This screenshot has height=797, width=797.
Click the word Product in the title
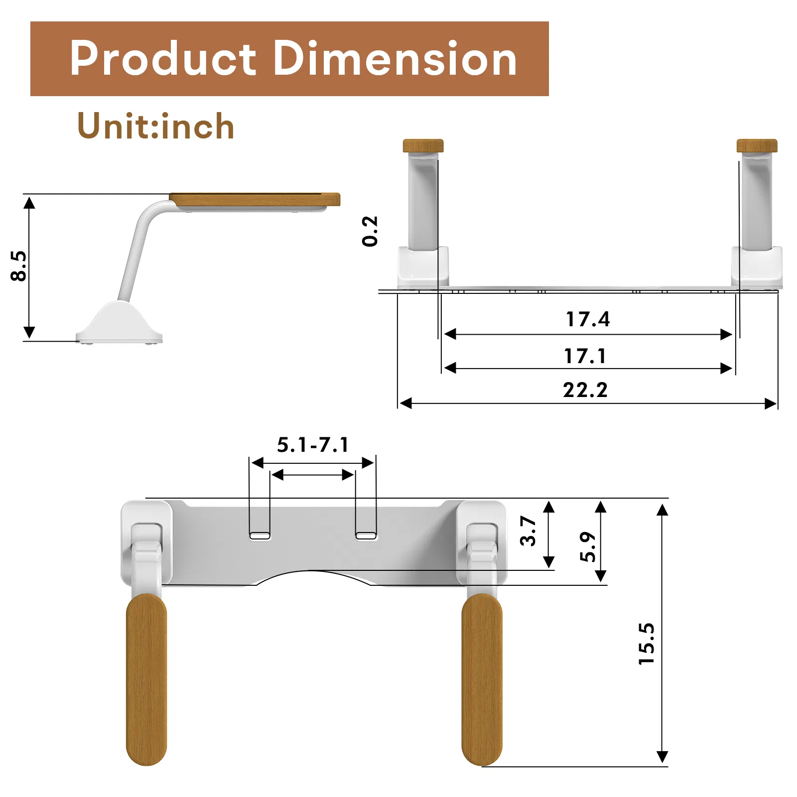(x=163, y=59)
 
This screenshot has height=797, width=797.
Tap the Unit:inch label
(x=156, y=126)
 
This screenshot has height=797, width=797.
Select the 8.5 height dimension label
(x=18, y=266)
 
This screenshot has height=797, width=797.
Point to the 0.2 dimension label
(x=370, y=231)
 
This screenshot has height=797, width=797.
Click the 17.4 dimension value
(x=588, y=319)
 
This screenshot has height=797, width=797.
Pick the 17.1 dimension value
(x=585, y=356)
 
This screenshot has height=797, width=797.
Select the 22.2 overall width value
(x=585, y=390)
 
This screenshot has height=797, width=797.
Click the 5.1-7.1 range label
(x=313, y=445)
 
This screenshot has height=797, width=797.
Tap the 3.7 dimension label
(x=528, y=531)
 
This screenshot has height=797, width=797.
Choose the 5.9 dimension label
(x=588, y=546)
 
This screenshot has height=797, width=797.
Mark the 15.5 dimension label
(x=647, y=643)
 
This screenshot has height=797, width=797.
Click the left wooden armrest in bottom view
(x=146, y=680)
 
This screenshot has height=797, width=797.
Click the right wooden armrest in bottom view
(x=482, y=680)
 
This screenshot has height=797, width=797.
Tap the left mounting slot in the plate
(x=260, y=536)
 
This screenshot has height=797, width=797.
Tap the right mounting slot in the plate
(x=366, y=536)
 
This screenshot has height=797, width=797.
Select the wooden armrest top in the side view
(x=255, y=199)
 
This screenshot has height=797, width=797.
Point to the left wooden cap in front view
(x=423, y=146)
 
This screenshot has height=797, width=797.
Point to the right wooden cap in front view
(x=757, y=146)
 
